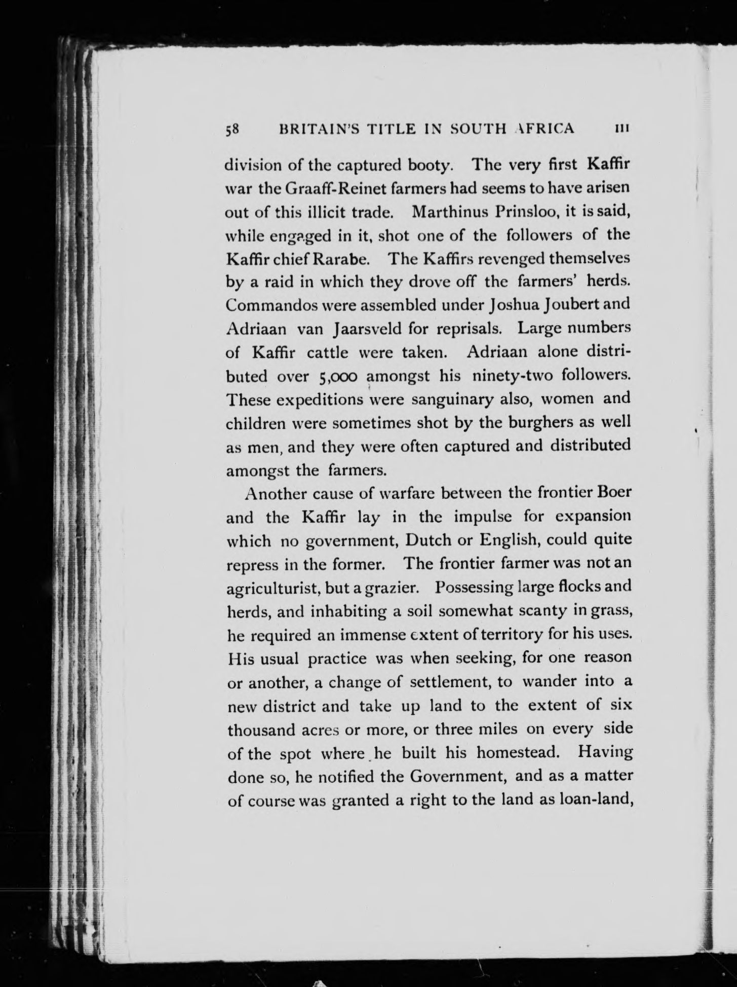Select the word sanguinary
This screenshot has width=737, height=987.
click(x=451, y=400)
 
